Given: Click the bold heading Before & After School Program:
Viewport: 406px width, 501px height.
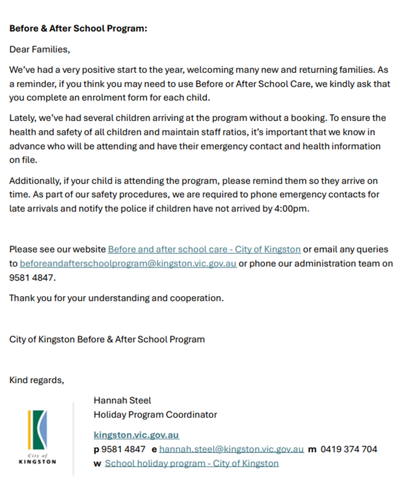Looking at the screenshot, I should pyautogui.click(x=78, y=29).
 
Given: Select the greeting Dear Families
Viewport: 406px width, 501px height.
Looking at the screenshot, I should pyautogui.click(x=39, y=49).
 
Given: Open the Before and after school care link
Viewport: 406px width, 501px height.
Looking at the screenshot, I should pyautogui.click(x=204, y=249).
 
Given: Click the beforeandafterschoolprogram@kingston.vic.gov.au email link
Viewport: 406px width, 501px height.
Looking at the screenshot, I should pyautogui.click(x=128, y=264).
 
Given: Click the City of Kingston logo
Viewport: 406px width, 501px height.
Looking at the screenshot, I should pyautogui.click(x=37, y=437).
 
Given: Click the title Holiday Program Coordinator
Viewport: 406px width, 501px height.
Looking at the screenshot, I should pyautogui.click(x=155, y=414).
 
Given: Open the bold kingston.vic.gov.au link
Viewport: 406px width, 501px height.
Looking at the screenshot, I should pyautogui.click(x=136, y=435).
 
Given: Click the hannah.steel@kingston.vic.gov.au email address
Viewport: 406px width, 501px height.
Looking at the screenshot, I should pyautogui.click(x=231, y=449).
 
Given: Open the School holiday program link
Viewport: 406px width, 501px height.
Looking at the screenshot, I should pyautogui.click(x=191, y=463).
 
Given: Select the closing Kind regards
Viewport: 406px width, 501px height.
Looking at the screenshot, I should pyautogui.click(x=36, y=380).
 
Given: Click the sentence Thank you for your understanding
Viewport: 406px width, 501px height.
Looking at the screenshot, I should pyautogui.click(x=116, y=298).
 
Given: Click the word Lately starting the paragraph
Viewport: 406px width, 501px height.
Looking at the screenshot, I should pyautogui.click(x=23, y=118).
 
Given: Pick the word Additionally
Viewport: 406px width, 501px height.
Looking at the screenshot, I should pyautogui.click(x=36, y=180).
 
